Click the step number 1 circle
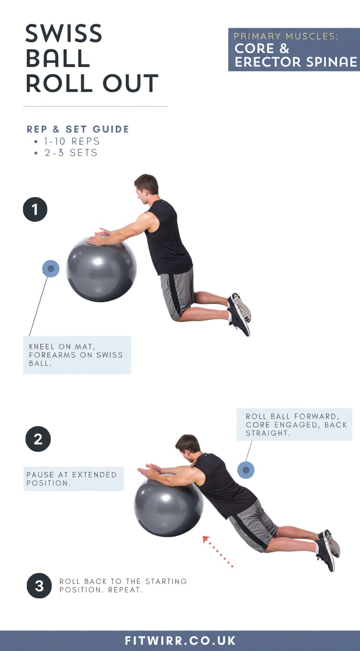click(35, 209)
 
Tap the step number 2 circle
click(38, 439)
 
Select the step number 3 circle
click(39, 586)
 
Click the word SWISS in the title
click(64, 34)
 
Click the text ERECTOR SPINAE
click(295, 62)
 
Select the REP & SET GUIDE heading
click(78, 129)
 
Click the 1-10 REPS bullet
click(71, 141)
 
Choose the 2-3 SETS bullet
click(70, 153)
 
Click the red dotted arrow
click(218, 551)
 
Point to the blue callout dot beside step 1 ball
click(51, 269)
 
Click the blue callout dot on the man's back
click(246, 470)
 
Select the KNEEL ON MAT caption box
click(77, 355)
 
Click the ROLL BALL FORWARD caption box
click(294, 424)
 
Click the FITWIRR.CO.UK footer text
click(180, 640)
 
